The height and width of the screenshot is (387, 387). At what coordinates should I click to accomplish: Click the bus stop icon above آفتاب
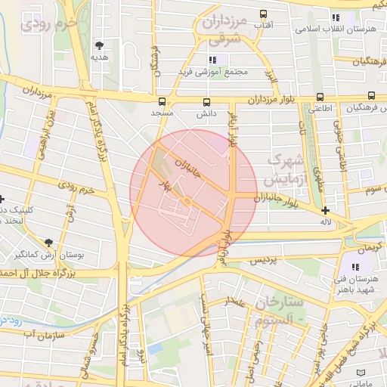[x=264, y=14]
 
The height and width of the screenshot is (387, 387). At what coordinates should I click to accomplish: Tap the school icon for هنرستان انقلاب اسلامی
[x=336, y=17]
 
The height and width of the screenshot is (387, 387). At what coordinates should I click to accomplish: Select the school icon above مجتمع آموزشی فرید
[x=213, y=60]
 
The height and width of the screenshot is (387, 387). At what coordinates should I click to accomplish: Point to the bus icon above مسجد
[x=161, y=101]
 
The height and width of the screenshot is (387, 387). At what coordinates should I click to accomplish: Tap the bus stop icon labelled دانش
[x=207, y=101]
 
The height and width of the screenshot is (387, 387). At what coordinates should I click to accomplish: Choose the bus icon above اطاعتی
[x=320, y=97]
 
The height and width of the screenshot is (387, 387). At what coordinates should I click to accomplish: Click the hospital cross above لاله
[x=325, y=210]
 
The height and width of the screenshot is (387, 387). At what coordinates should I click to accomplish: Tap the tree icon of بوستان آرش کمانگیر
[x=48, y=243]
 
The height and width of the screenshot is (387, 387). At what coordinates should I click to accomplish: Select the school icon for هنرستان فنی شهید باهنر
[x=355, y=267]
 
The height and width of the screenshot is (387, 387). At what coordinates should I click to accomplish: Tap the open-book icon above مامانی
[x=360, y=373]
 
